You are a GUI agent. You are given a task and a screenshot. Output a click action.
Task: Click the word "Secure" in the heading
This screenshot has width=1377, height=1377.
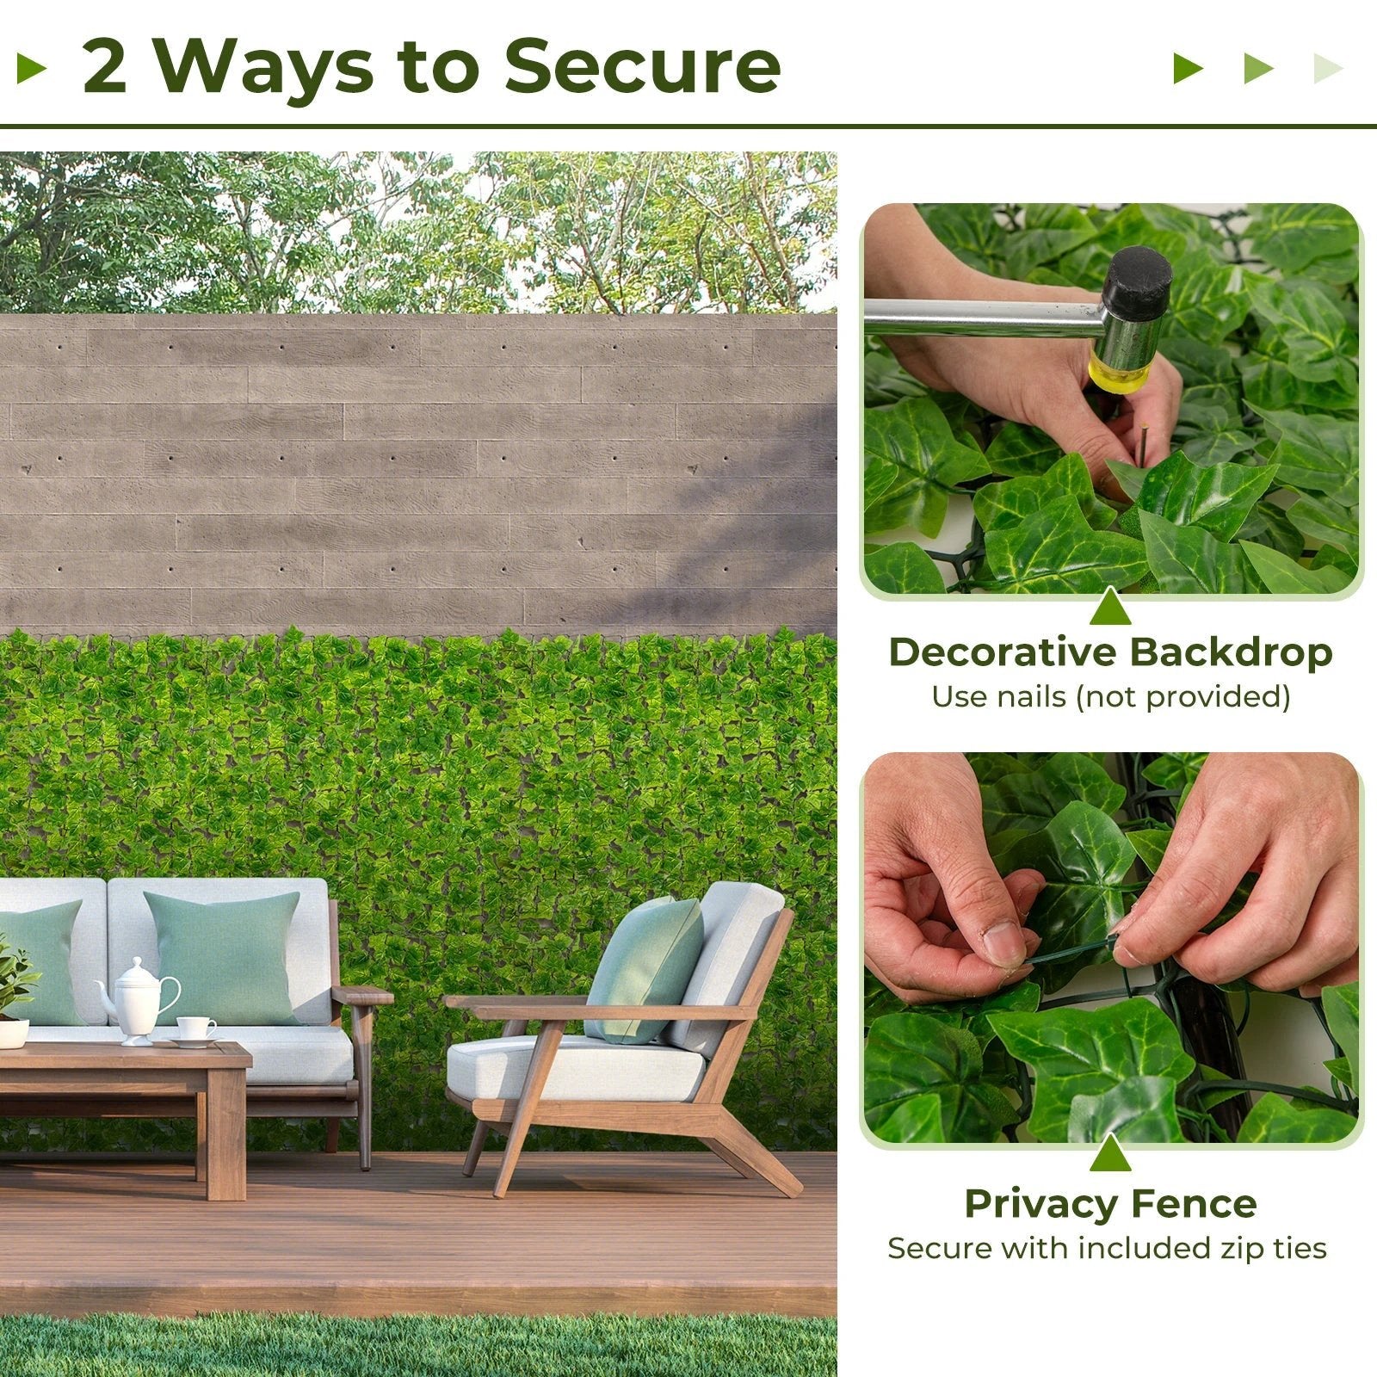(642, 65)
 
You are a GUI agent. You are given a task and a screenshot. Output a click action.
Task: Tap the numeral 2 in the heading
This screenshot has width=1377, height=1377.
(105, 67)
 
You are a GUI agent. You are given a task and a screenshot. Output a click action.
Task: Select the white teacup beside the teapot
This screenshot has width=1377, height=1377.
(196, 1029)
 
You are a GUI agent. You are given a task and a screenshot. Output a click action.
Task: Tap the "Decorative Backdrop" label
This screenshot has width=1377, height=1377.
(1110, 652)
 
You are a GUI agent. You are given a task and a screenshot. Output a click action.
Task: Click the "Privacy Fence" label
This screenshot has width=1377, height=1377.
(1110, 1203)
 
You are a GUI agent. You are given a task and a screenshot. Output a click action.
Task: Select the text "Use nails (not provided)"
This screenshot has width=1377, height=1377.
(1110, 696)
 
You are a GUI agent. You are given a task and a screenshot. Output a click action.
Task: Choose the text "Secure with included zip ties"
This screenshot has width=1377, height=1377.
(1107, 1248)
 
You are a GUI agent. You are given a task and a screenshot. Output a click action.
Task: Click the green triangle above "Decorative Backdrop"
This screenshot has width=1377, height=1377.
(1110, 608)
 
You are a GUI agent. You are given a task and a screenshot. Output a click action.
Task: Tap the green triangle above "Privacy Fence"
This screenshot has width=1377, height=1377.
(1110, 1155)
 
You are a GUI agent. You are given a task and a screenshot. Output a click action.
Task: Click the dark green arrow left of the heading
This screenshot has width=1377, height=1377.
(31, 68)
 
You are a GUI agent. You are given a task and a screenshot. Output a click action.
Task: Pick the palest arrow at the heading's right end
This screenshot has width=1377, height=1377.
(1327, 68)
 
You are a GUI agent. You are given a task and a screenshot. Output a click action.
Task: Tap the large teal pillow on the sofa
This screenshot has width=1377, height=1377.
(222, 955)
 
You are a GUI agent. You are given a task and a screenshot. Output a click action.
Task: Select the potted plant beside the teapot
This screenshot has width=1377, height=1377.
(14, 990)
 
